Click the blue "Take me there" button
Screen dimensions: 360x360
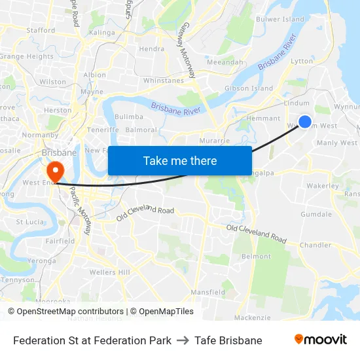coord(180,160)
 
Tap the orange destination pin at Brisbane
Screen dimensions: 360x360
coord(54,171)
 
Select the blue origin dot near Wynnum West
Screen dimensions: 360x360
coord(305,121)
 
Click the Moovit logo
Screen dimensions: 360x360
coord(321,340)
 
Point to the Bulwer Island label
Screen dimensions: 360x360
coord(279,20)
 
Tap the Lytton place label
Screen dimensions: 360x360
coord(302,61)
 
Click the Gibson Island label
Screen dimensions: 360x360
coord(249,88)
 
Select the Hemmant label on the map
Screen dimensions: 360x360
coord(264,118)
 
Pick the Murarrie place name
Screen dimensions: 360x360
coord(215,141)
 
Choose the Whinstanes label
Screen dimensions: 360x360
coord(164,81)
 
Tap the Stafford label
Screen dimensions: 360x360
coord(41,30)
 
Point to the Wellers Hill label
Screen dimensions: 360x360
coord(110,272)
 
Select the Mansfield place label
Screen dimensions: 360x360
coord(207,292)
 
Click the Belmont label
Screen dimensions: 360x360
coord(257,257)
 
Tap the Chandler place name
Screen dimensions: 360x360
coord(315,245)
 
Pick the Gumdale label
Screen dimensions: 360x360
coord(316,215)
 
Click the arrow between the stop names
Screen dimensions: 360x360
coord(183,340)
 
